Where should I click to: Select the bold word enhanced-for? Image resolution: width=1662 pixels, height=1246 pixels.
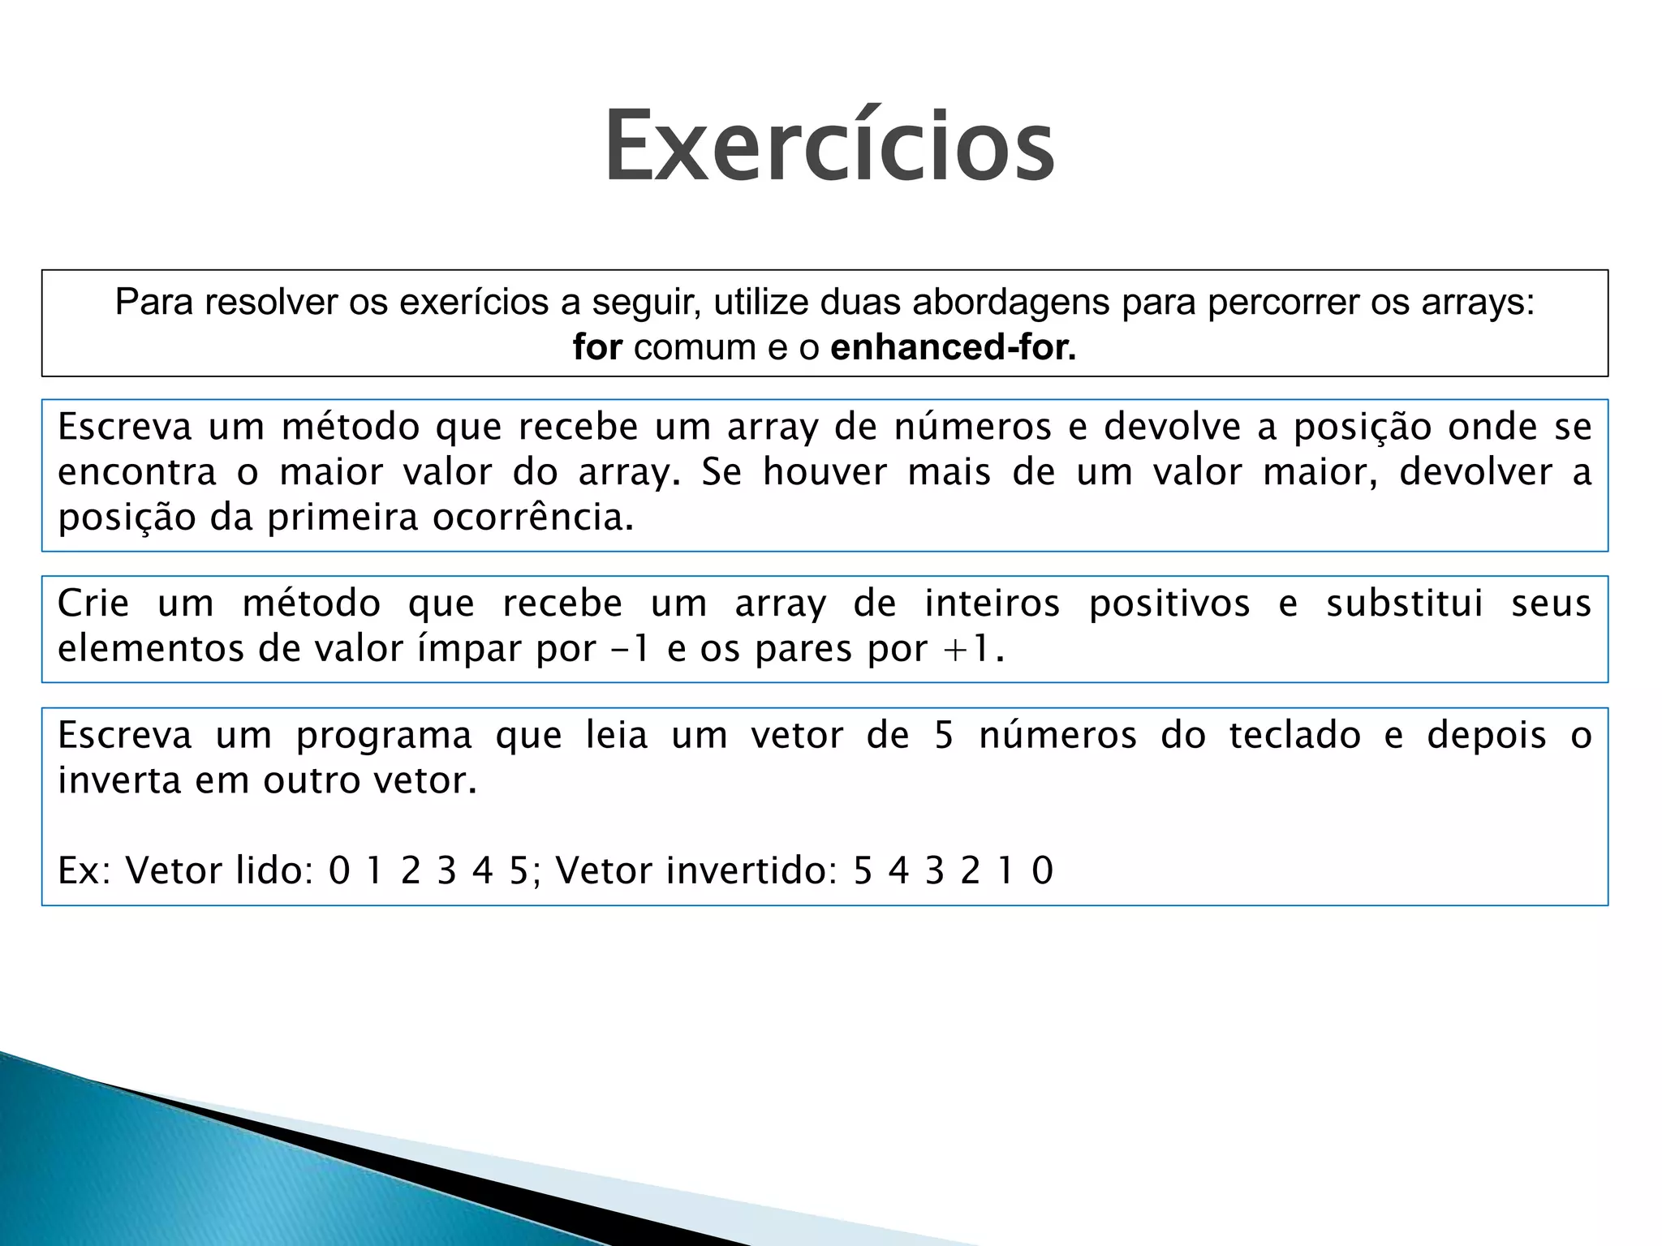click(x=953, y=347)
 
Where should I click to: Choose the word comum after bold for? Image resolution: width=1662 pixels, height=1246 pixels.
click(x=695, y=347)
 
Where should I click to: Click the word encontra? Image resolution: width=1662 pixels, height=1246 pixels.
click(x=137, y=472)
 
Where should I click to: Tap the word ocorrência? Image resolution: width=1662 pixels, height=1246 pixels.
click(x=532, y=518)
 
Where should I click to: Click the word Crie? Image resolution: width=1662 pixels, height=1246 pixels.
click(x=93, y=604)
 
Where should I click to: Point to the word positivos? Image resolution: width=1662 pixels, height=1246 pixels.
click(x=1169, y=604)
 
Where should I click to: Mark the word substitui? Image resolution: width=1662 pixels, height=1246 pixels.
click(x=1405, y=604)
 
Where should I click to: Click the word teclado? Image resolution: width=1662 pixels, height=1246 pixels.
click(x=1294, y=736)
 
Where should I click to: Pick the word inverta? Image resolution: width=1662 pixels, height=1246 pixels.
click(x=119, y=780)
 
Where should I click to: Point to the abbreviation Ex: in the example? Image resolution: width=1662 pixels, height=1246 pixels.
click(x=84, y=870)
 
